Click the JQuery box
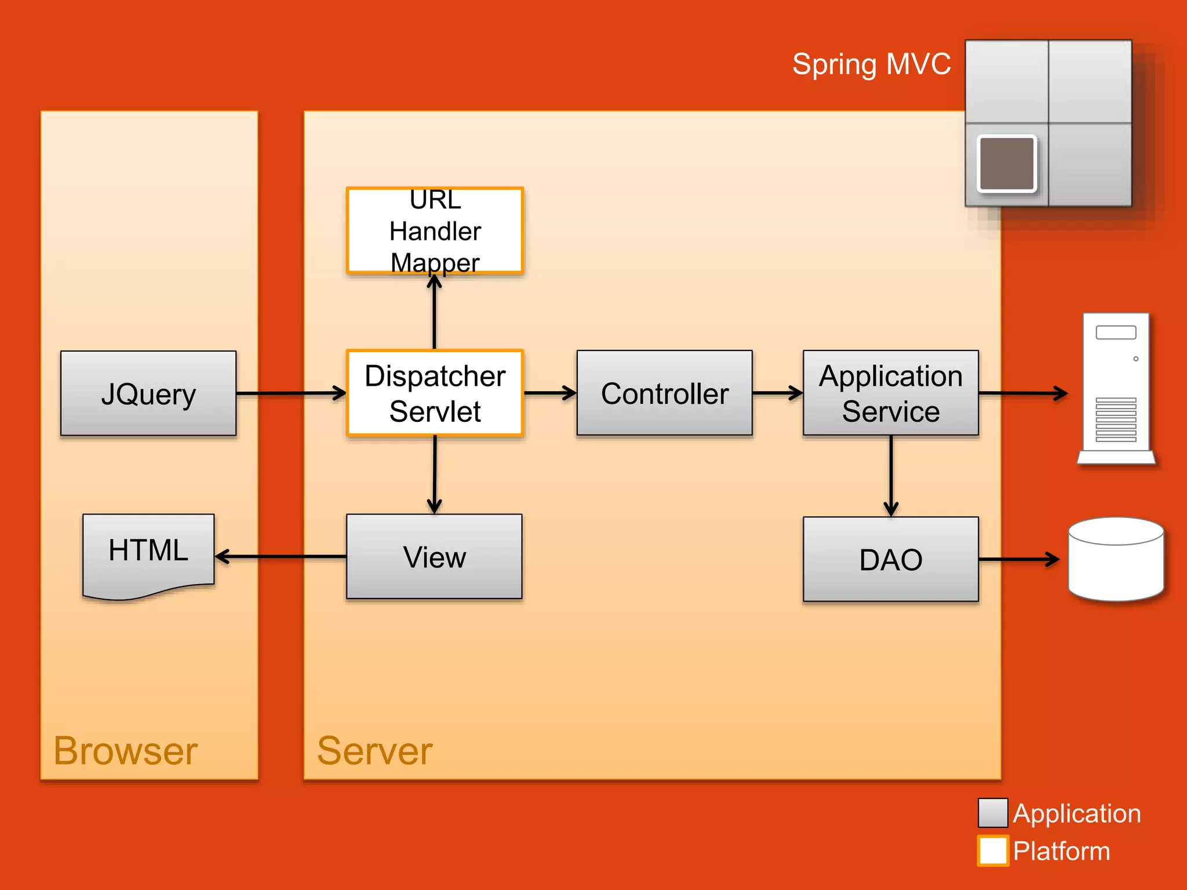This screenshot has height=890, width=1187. (x=148, y=393)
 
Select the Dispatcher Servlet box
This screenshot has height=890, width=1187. (x=435, y=393)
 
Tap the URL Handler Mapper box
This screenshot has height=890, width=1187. (x=435, y=231)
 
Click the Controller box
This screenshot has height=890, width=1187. (x=664, y=393)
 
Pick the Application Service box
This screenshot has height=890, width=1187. (x=890, y=393)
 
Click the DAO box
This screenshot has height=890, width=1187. (x=890, y=559)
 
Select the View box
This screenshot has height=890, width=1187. (x=434, y=557)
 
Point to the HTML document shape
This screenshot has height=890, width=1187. (x=148, y=553)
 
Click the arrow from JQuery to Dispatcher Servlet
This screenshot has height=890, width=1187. (x=290, y=393)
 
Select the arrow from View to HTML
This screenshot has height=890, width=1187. (x=281, y=557)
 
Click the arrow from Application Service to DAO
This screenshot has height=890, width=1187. (x=891, y=475)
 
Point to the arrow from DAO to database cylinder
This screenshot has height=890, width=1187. (x=1018, y=559)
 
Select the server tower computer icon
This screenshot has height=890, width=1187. (x=1116, y=388)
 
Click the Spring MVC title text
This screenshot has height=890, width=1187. (x=871, y=64)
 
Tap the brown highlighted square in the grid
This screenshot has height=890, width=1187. (x=1007, y=163)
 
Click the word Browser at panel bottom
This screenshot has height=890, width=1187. (x=126, y=752)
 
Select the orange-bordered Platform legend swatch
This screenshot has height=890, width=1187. (x=993, y=851)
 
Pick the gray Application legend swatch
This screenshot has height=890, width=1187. (x=993, y=813)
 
